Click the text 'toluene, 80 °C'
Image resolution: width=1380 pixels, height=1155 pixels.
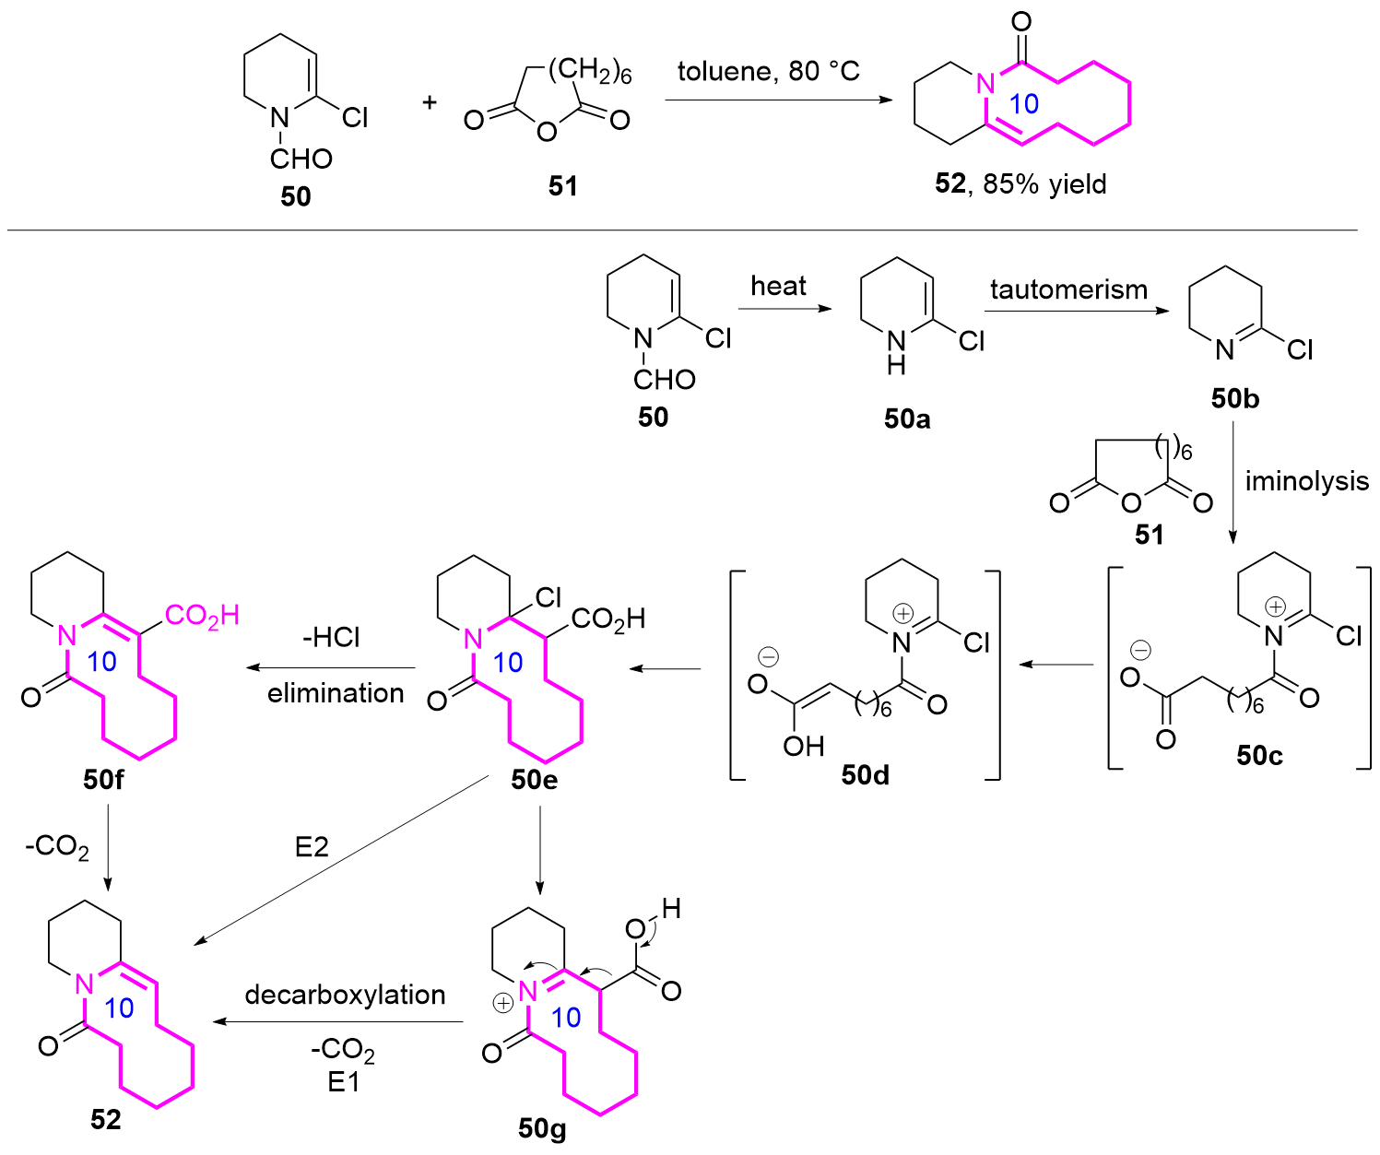[x=768, y=71]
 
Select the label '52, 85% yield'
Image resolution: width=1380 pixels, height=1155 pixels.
[x=1020, y=183]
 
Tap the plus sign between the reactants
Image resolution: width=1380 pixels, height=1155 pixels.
[x=430, y=101]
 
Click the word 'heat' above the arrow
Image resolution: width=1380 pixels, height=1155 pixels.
[x=778, y=286]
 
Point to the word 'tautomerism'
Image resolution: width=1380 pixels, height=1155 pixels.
[x=1068, y=289]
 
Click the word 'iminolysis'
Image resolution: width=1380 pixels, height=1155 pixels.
[x=1306, y=480]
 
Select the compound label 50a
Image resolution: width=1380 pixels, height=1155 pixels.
[x=907, y=419]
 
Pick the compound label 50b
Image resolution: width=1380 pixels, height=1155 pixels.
[x=1235, y=398]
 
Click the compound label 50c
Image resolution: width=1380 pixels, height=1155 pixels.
[x=1259, y=755]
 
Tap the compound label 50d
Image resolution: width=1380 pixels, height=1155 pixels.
[x=865, y=775]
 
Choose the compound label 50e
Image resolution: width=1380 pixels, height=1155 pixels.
[x=535, y=780]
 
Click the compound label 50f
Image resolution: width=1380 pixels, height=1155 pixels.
[x=103, y=780]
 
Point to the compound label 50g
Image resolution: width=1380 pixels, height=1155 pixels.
[x=542, y=1128]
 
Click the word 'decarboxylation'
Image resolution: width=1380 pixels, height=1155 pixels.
[x=345, y=995]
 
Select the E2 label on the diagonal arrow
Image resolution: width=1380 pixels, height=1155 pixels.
[x=312, y=846]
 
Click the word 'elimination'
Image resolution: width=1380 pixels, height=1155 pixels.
[x=336, y=693]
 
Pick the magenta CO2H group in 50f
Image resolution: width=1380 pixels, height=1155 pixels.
[x=202, y=616]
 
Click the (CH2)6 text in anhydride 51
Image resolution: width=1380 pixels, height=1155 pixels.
[x=589, y=71]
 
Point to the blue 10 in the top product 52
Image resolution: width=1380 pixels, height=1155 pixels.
[x=1024, y=103]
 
